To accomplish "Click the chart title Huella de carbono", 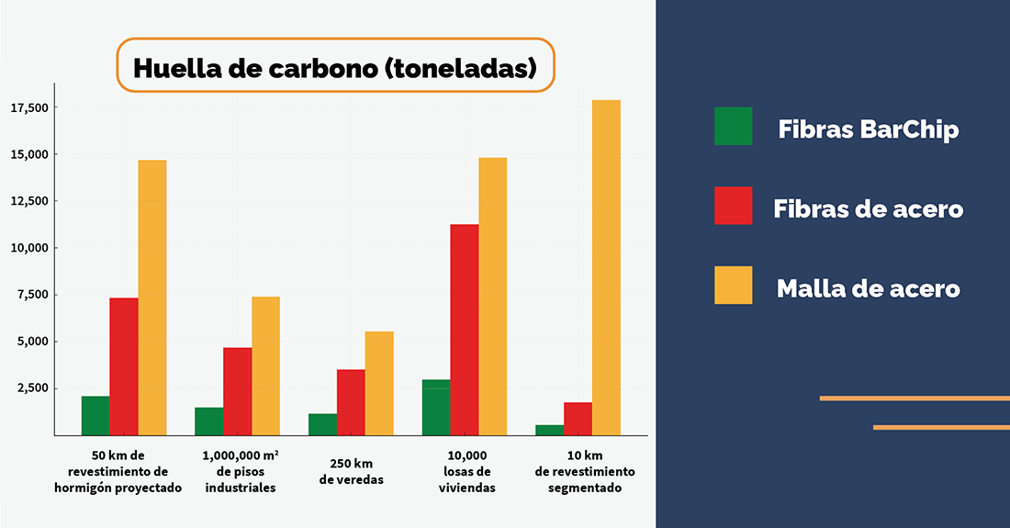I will click(x=335, y=68).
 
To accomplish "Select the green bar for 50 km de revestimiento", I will click(x=95, y=416).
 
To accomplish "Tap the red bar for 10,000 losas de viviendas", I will click(x=464, y=330).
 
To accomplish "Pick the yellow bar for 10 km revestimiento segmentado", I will click(x=606, y=267).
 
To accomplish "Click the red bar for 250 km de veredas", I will click(x=351, y=402).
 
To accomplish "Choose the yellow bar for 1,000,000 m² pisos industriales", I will click(x=265, y=365).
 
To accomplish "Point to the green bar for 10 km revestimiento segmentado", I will click(x=549, y=430).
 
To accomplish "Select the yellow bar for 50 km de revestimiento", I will click(x=152, y=298).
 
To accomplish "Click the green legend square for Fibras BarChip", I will click(x=733, y=127).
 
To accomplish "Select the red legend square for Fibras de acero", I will click(x=733, y=206).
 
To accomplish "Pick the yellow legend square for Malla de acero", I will click(x=733, y=286).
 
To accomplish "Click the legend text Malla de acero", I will click(x=868, y=288).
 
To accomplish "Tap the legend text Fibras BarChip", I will click(x=868, y=129).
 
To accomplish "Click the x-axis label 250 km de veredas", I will click(x=351, y=472).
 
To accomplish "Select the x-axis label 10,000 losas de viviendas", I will click(x=467, y=472).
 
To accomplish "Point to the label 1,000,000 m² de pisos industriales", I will click(x=241, y=472).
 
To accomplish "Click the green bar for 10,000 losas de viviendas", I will click(x=436, y=408).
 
